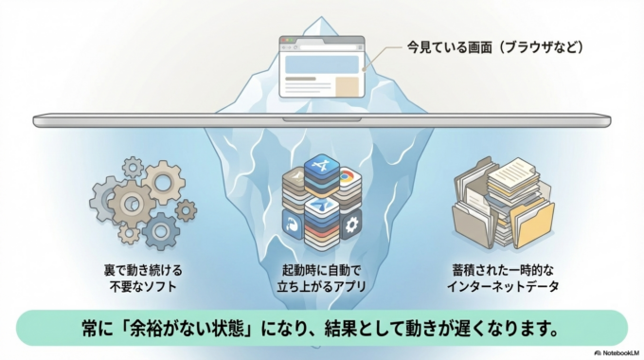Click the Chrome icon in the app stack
[347, 177]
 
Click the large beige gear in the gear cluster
[131, 200]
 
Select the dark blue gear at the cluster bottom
[160, 228]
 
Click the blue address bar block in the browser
[322, 64]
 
